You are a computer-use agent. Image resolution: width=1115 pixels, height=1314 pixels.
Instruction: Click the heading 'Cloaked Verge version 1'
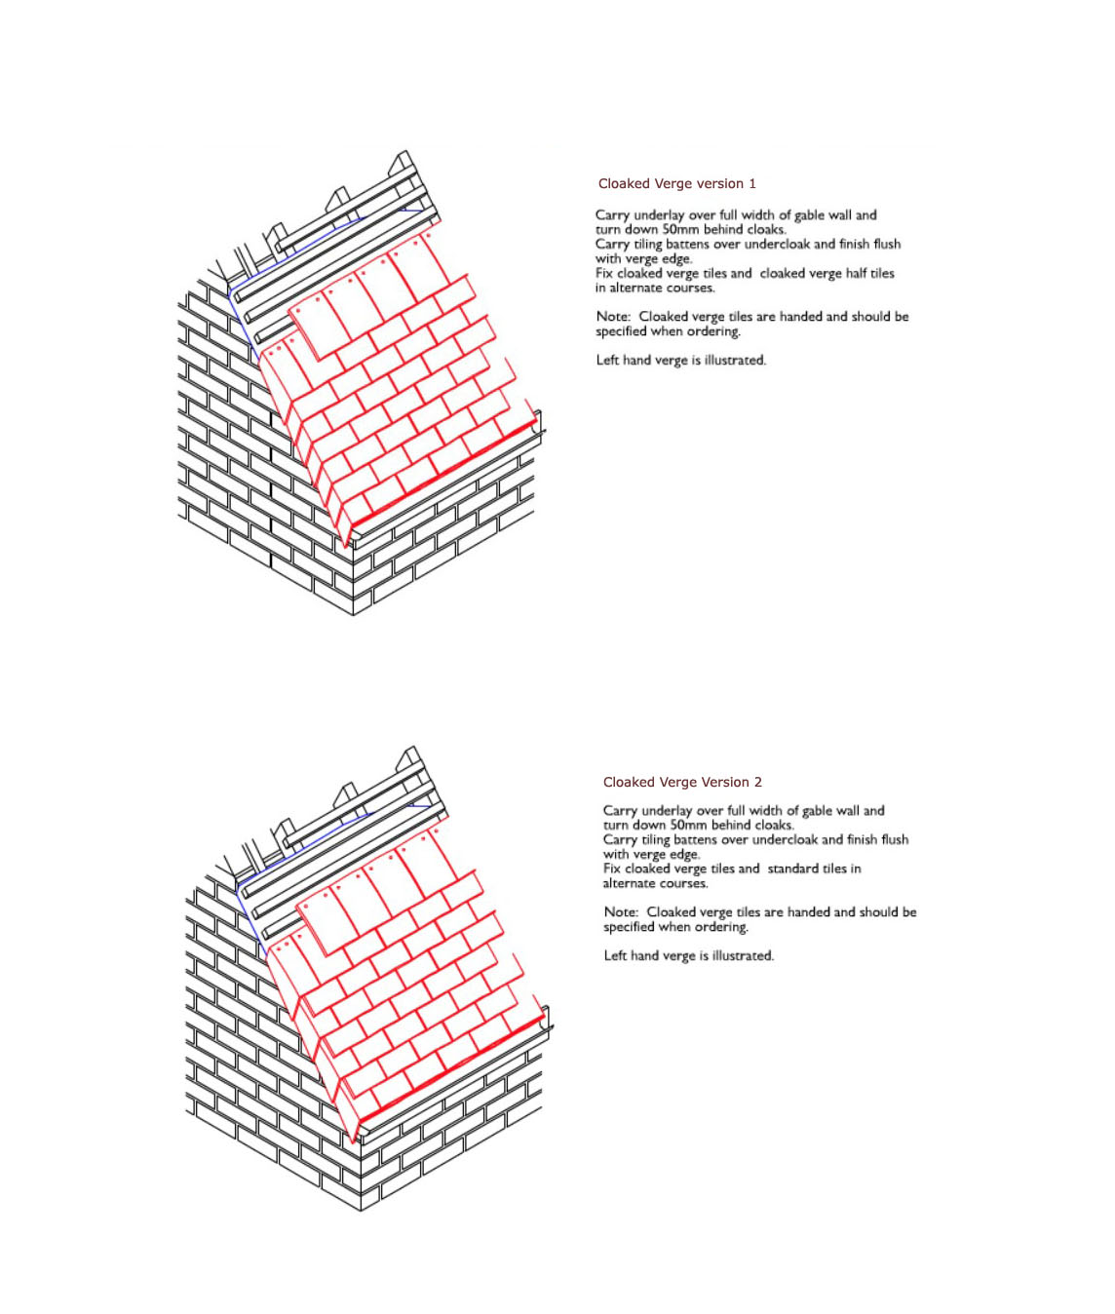tap(677, 183)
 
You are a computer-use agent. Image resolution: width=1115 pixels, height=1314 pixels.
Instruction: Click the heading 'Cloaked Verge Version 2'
tap(682, 782)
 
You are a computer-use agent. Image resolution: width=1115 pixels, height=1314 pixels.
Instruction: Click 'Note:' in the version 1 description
tap(613, 317)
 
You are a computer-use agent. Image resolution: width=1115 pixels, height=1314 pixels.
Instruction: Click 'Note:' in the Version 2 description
tap(621, 912)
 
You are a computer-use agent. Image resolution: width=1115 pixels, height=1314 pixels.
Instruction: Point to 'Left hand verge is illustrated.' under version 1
tap(681, 361)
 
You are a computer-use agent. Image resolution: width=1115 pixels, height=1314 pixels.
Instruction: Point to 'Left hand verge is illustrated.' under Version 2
tap(688, 955)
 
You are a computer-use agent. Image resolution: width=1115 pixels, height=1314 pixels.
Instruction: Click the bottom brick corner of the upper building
tap(354, 615)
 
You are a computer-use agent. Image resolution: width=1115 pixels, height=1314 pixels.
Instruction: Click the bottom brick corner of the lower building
tap(361, 1211)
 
